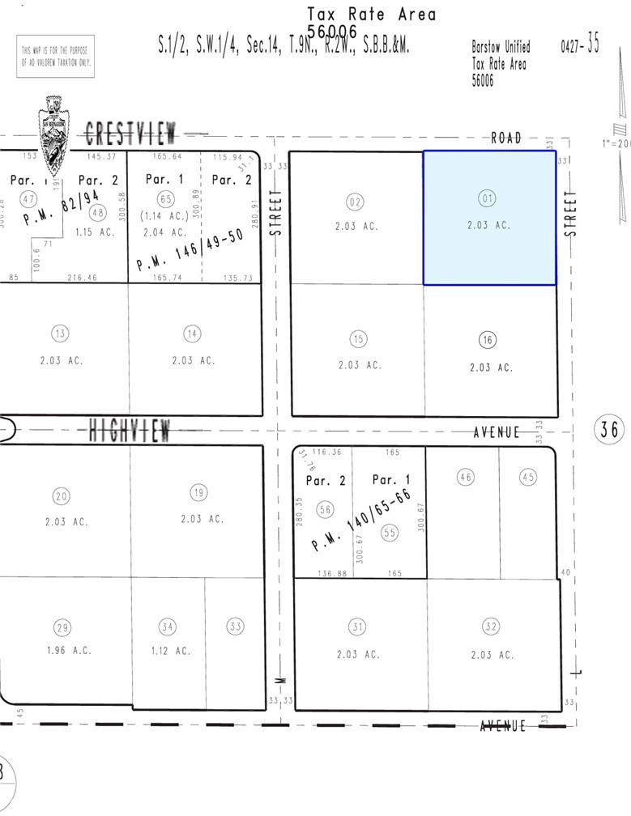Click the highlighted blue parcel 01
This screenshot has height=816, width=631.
pyautogui.click(x=489, y=218)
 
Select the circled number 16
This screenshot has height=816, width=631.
pyautogui.click(x=488, y=340)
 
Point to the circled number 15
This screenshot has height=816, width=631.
pyautogui.click(x=358, y=338)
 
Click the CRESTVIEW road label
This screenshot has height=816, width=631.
pyautogui.click(x=134, y=132)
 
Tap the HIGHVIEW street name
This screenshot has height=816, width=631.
pyautogui.click(x=130, y=431)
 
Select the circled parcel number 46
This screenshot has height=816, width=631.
pyautogui.click(x=465, y=477)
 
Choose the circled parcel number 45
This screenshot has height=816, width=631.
pyautogui.click(x=528, y=477)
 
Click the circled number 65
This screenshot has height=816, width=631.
pyautogui.click(x=166, y=199)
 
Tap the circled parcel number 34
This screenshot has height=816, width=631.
pyautogui.click(x=167, y=626)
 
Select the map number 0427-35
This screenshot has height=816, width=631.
pyautogui.click(x=580, y=45)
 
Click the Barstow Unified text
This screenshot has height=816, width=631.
pyautogui.click(x=501, y=47)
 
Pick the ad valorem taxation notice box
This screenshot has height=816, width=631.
pyautogui.click(x=55, y=56)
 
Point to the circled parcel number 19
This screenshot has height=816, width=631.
pyautogui.click(x=198, y=492)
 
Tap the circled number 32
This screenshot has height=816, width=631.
pyautogui.click(x=490, y=626)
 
